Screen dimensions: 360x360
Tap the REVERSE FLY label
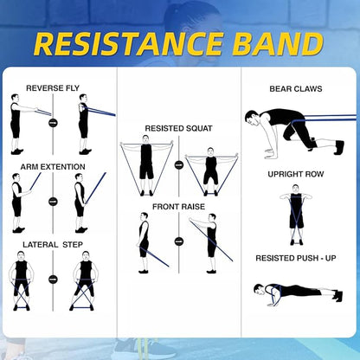click(55, 88)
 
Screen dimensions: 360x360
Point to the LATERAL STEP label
click(53, 245)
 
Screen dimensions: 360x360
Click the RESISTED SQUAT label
click(178, 128)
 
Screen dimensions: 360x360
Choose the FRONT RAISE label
click(178, 207)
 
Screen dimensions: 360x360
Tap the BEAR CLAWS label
click(296, 88)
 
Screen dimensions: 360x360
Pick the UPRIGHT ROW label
click(296, 174)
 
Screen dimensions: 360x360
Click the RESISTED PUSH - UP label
click(296, 258)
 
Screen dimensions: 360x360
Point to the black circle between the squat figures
click(179, 164)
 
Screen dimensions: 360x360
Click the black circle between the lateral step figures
click(53, 280)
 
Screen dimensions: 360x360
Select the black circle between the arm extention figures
click(53, 201)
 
